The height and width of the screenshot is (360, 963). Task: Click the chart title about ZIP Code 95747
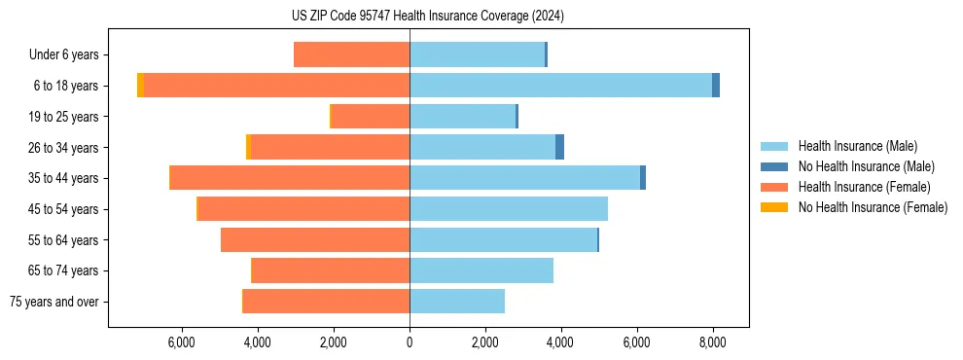coord(427,16)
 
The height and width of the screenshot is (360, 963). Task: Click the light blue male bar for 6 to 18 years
coord(560,86)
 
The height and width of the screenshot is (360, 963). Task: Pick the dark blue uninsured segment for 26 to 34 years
coord(559,147)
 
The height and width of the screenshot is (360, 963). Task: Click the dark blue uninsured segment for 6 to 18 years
coord(716,86)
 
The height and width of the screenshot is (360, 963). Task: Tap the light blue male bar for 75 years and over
coord(457,302)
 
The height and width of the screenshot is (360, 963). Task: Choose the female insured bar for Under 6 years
coord(351,55)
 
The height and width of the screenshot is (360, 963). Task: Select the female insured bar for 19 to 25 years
coord(371,117)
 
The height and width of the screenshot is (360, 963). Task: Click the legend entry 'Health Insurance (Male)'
coord(857,146)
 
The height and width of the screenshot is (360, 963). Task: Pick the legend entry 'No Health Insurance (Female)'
coord(873,207)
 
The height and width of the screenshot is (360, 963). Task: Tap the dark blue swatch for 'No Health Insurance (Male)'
coord(774,166)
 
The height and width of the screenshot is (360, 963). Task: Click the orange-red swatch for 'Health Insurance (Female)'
coord(774,187)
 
